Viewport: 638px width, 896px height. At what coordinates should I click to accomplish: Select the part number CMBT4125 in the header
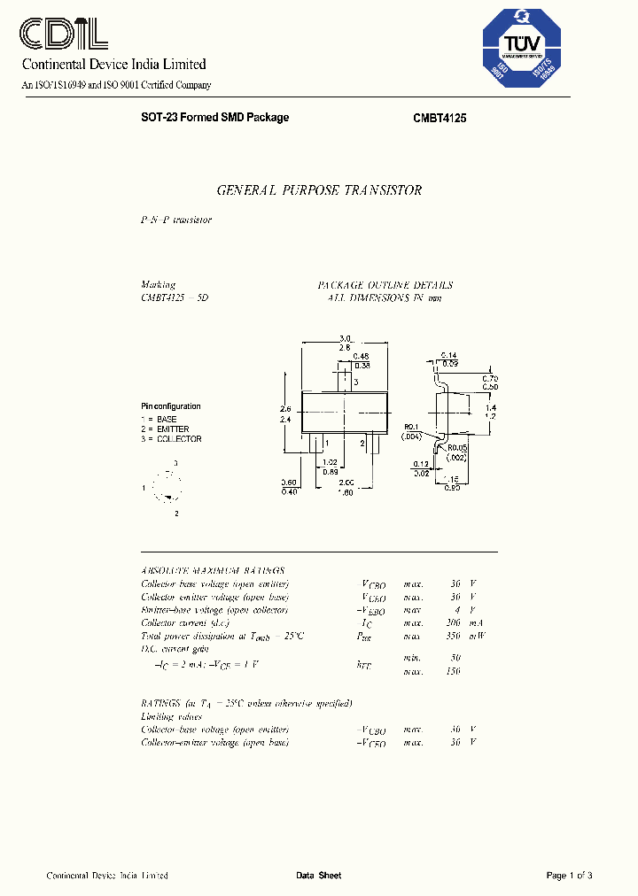(440, 118)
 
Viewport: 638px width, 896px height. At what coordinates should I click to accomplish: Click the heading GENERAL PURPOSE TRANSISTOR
(319, 190)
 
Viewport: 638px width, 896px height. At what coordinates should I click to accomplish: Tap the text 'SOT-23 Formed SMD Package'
(214, 118)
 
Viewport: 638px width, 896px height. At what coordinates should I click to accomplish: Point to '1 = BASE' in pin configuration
(159, 419)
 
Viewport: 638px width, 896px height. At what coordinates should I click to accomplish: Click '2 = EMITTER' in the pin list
(165, 429)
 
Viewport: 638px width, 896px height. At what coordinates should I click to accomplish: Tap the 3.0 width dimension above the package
(345, 338)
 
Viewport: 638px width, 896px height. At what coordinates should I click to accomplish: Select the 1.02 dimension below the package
(329, 462)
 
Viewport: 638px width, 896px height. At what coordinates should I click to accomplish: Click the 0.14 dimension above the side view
(449, 354)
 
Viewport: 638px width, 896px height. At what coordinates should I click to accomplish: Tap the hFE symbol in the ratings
(364, 664)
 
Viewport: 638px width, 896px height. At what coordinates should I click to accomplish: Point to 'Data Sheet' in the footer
(319, 876)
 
